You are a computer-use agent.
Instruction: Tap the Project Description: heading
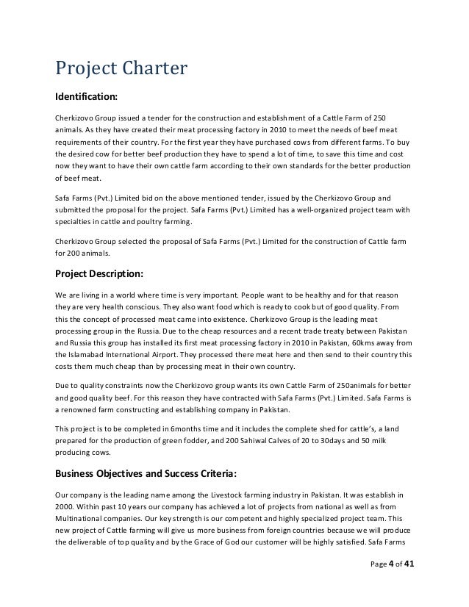pyautogui.click(x=99, y=275)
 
